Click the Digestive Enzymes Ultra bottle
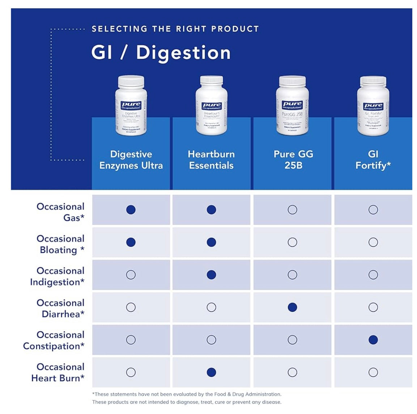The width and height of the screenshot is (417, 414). pos(131,105)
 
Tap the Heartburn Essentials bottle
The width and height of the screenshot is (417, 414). pos(212,105)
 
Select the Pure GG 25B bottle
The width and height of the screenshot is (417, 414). pos(292,105)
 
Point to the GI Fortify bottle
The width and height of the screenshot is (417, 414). pos(373,105)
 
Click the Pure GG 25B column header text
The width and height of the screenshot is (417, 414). pos(293,160)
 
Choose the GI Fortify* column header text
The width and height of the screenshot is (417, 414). pos(373,160)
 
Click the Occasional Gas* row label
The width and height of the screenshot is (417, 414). pos(61,212)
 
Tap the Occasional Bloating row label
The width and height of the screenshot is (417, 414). pos(61,244)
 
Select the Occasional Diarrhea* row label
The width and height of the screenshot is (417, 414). pos(61,308)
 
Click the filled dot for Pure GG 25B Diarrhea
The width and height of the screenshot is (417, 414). pos(292,307)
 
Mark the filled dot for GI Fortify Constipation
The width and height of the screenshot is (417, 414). pos(373,340)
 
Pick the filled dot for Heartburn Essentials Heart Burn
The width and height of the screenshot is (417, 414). pos(212,372)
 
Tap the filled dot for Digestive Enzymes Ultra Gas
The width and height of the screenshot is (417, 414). pos(131,210)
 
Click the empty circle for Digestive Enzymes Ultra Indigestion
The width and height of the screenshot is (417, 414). pos(131,275)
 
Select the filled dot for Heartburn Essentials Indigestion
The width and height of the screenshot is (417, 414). pos(212,275)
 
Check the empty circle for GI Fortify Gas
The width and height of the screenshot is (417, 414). pos(373,210)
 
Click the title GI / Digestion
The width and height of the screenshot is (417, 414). pos(161,53)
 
